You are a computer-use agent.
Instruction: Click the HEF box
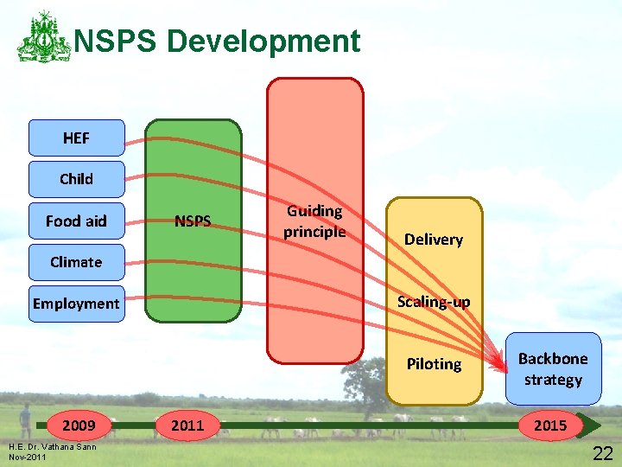click(x=76, y=138)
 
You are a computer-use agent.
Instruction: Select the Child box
click(x=76, y=179)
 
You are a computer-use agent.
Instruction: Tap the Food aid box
click(x=76, y=221)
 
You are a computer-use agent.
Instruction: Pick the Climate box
click(x=76, y=262)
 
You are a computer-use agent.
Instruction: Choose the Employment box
click(x=76, y=304)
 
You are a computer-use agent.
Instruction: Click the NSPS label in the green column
click(x=193, y=221)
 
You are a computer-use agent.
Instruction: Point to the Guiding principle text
click(x=314, y=221)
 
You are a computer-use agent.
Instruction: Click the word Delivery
click(x=434, y=240)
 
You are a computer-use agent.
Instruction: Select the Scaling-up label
click(x=434, y=302)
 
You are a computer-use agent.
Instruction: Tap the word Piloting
click(x=434, y=364)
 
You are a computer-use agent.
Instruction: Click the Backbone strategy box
click(x=553, y=369)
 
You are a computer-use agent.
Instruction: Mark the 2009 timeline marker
click(x=79, y=425)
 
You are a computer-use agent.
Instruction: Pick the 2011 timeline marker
click(x=187, y=425)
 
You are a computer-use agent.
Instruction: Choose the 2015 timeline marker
click(x=550, y=425)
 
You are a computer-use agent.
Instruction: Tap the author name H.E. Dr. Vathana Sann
click(x=51, y=445)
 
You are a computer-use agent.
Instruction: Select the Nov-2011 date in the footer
click(x=27, y=456)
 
